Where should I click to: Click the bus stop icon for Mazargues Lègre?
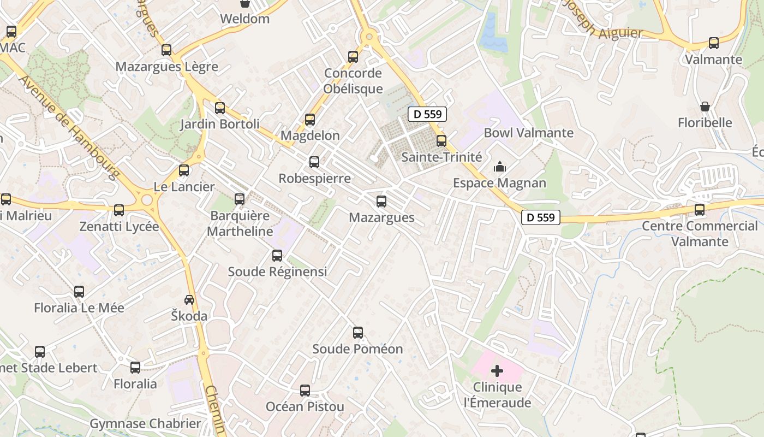pos(166,50)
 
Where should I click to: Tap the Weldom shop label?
pos(244,19)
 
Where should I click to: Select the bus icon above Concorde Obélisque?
pos(353,56)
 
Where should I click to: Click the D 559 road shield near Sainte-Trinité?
pos(428,114)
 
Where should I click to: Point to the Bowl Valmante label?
pos(528,133)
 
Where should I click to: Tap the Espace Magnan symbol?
pos(499,167)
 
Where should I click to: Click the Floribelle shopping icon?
pos(705,107)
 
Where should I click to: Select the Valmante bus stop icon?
pos(713,43)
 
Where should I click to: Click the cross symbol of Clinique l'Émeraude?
pos(497,371)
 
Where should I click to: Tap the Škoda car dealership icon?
pos(189,299)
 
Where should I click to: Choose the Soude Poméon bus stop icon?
pos(358,332)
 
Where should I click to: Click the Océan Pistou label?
pos(305,407)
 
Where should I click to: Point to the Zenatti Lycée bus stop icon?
pos(119,210)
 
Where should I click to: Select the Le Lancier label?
pos(184,187)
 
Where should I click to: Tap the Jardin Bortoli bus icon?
pos(220,108)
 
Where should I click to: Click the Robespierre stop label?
pos(314,179)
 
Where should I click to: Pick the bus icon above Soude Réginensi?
pos(277,255)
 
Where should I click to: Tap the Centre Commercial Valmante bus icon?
pos(700,209)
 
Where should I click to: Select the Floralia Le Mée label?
pos(79,308)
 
